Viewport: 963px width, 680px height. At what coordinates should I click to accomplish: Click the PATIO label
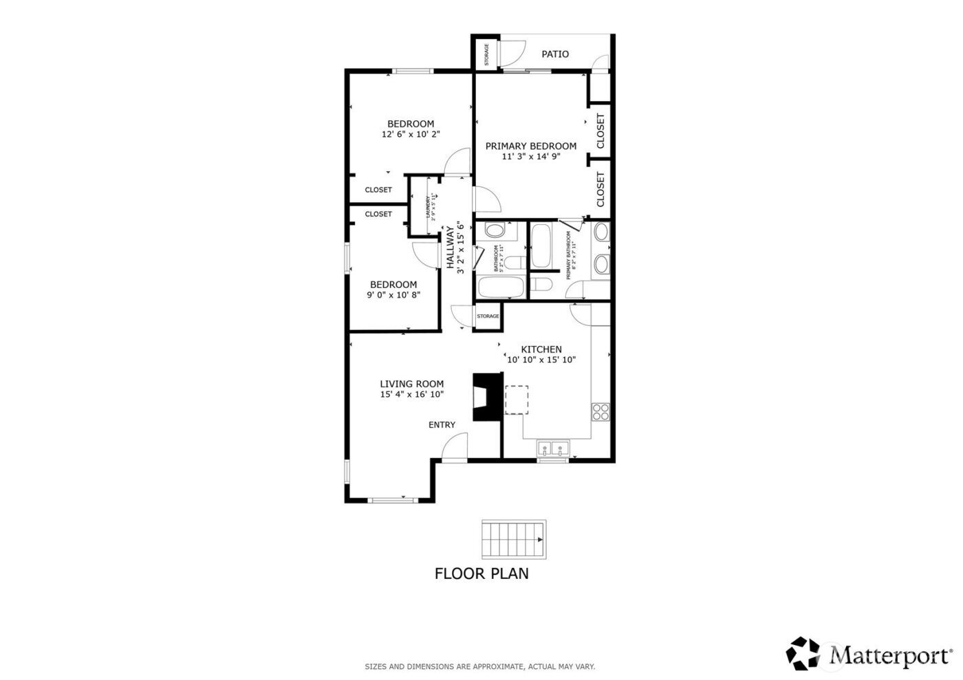[x=554, y=54]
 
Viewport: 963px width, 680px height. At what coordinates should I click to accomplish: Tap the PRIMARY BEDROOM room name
[x=530, y=146]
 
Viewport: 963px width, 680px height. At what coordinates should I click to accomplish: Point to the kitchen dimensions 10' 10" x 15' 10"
[x=541, y=360]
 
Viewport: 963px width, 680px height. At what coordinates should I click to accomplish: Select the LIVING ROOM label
[x=411, y=384]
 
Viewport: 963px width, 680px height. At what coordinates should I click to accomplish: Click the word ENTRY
[x=442, y=425]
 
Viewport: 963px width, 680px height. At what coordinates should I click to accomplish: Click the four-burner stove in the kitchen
[x=600, y=411]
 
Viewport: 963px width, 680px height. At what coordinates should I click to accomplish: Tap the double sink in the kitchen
[x=554, y=450]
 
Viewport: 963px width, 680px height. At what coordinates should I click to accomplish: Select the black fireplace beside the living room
[x=487, y=397]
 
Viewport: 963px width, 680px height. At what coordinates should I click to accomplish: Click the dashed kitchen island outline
[x=517, y=400]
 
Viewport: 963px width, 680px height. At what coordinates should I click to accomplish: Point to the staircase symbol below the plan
[x=514, y=540]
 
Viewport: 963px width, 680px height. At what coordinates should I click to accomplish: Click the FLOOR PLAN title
[x=481, y=573]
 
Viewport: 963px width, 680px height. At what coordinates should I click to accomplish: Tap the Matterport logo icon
[x=803, y=653]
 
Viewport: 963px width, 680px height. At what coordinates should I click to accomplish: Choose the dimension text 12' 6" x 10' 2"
[x=411, y=135]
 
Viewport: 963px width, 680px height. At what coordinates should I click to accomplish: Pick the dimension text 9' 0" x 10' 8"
[x=393, y=295]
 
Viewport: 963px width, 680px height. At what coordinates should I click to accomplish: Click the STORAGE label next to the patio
[x=486, y=54]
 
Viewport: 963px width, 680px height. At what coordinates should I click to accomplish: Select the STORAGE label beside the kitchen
[x=488, y=316]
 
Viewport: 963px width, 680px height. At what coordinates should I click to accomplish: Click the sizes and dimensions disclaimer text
[x=479, y=666]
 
